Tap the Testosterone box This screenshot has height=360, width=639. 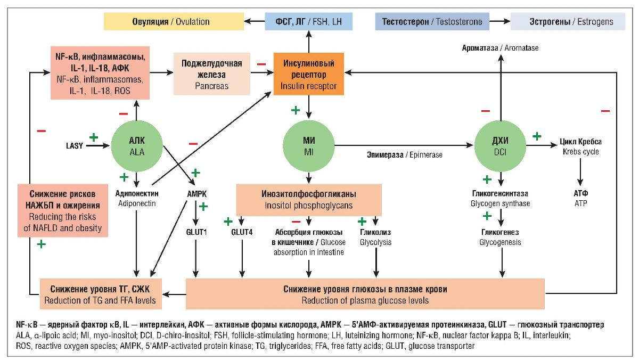pyautogui.click(x=432, y=22)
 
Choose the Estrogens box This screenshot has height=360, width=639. pyautogui.click(x=568, y=22)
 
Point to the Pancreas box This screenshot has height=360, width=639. pyautogui.click(x=212, y=74)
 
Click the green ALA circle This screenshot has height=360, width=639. pyautogui.click(x=137, y=145)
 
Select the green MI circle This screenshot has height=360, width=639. pyautogui.click(x=308, y=145)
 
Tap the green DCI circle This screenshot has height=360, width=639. pyautogui.click(x=500, y=145)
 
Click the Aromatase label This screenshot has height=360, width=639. pyautogui.click(x=500, y=48)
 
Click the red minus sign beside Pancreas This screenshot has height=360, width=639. pyautogui.click(x=261, y=64)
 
